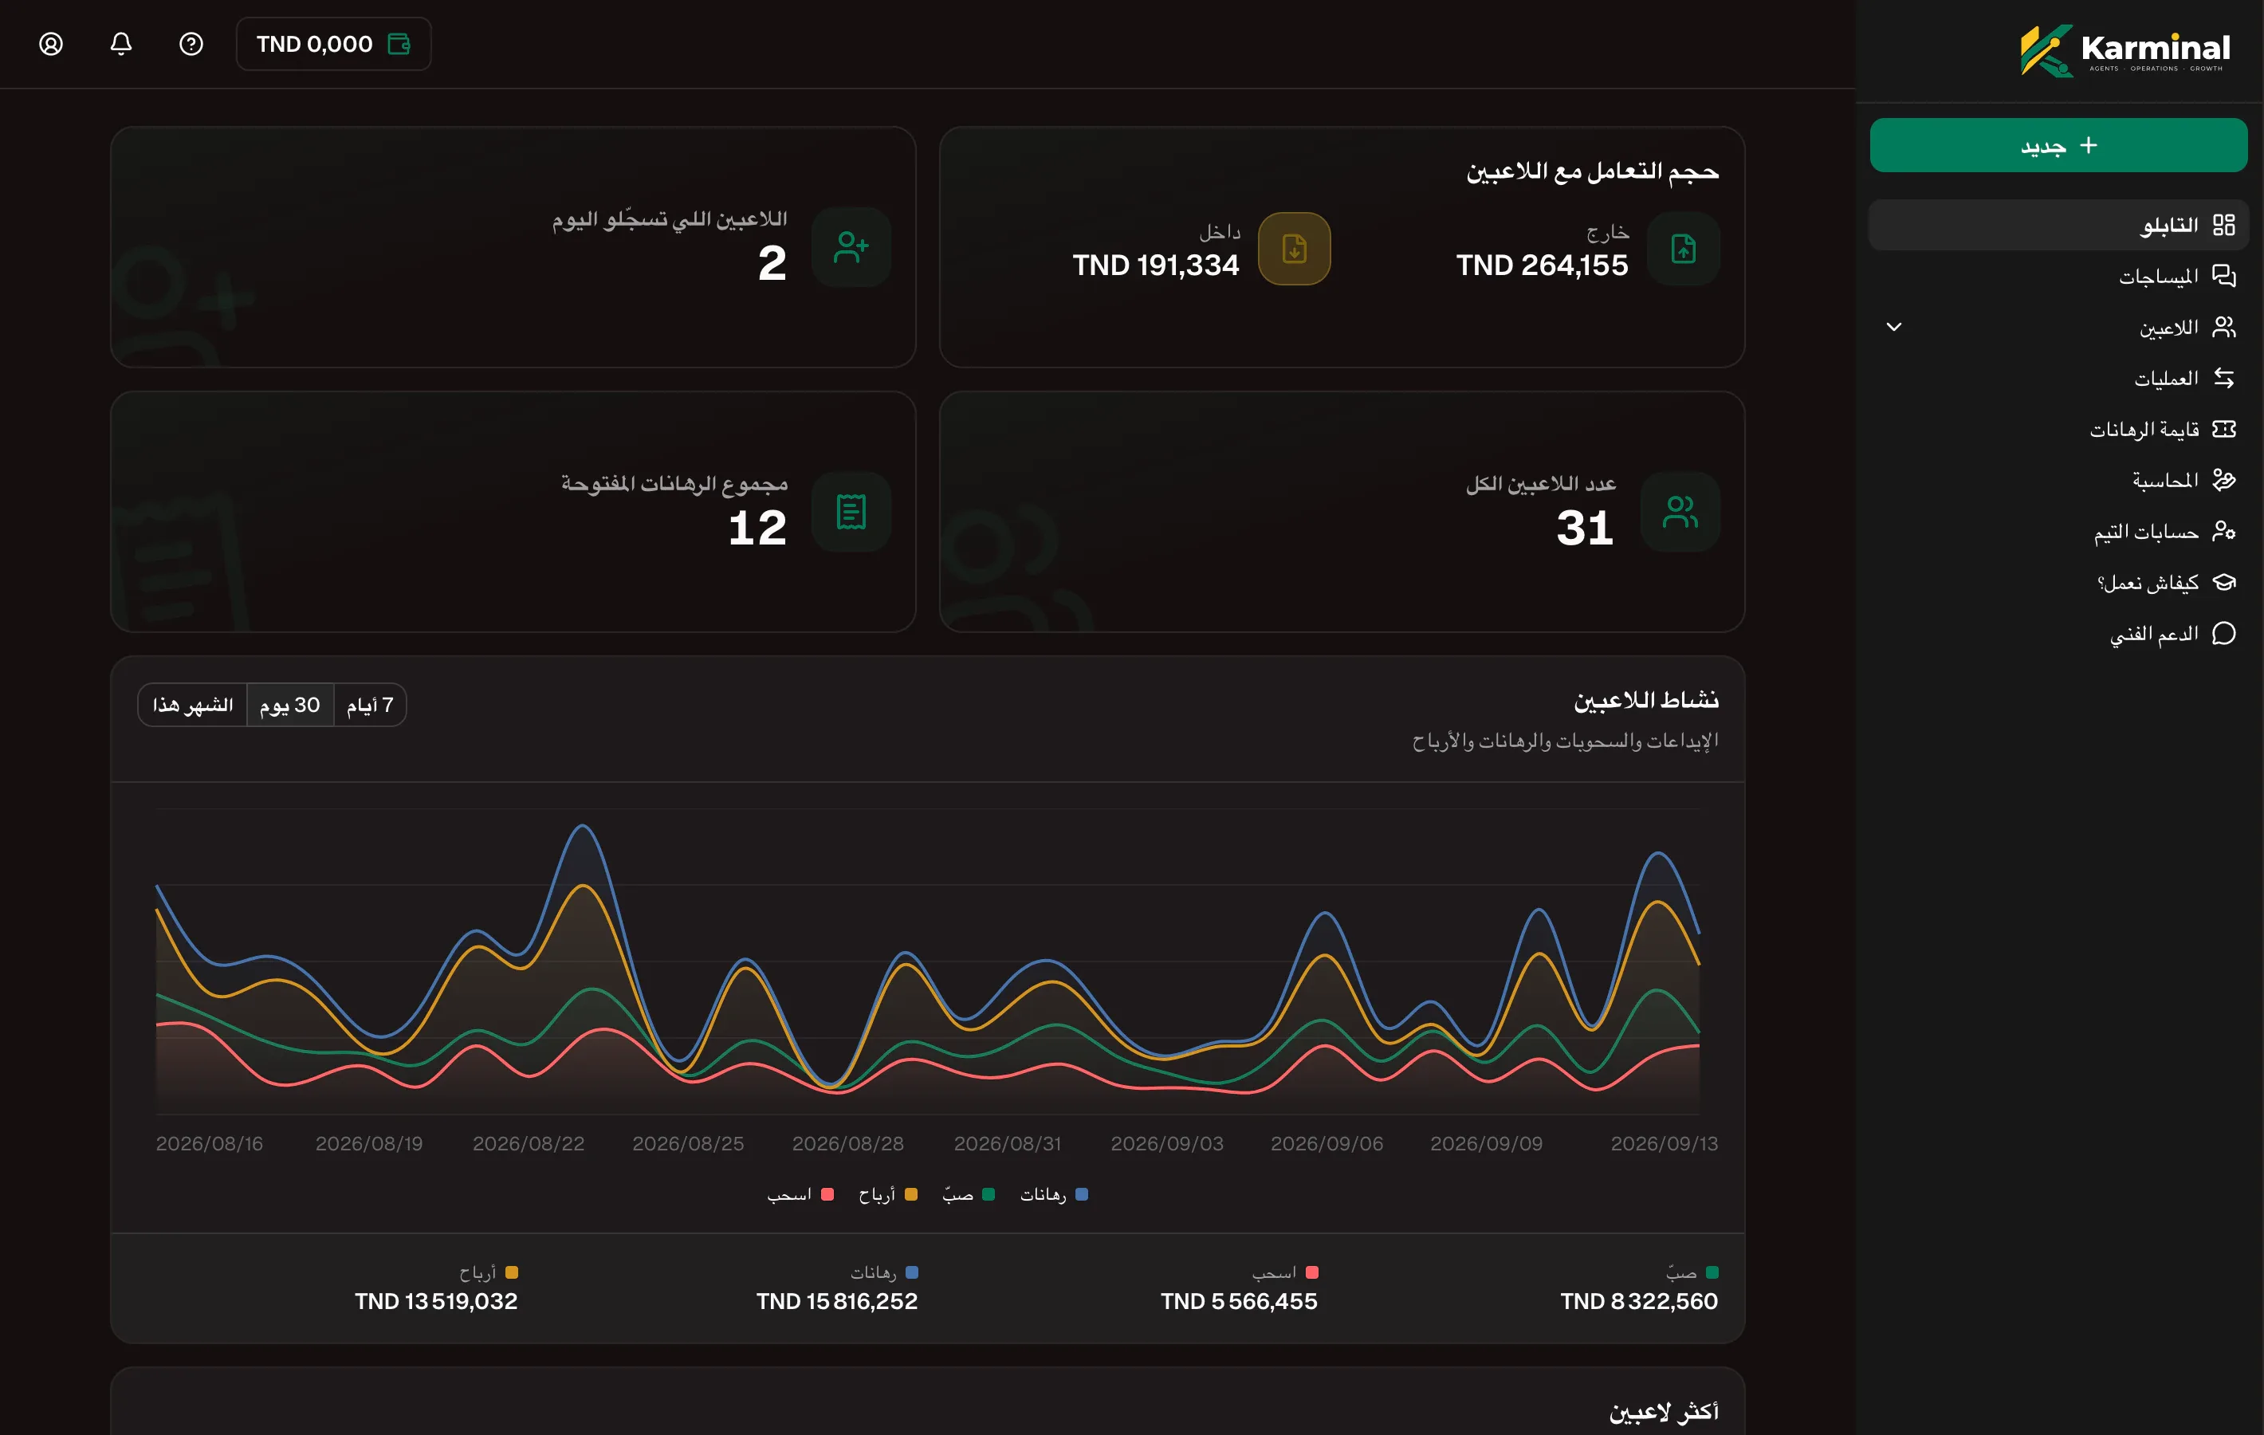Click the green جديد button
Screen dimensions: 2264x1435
click(x=2058, y=145)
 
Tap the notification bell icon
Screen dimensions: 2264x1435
click(x=121, y=44)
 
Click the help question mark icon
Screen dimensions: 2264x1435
click(x=191, y=44)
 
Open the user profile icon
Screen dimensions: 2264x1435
click(x=51, y=44)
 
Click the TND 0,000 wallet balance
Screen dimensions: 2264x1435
click(x=334, y=44)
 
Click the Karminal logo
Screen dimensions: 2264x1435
click(x=2124, y=50)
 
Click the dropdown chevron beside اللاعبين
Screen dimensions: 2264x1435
click(x=1893, y=327)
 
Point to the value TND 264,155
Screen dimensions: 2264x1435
click(x=1542, y=265)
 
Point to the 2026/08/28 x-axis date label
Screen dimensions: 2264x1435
click(x=848, y=1143)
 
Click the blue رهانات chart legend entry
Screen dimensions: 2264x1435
click(x=1054, y=1194)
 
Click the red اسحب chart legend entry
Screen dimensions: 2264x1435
click(x=800, y=1194)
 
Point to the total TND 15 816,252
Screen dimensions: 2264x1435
click(x=837, y=1302)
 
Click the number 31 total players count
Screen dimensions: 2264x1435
click(x=1585, y=528)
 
